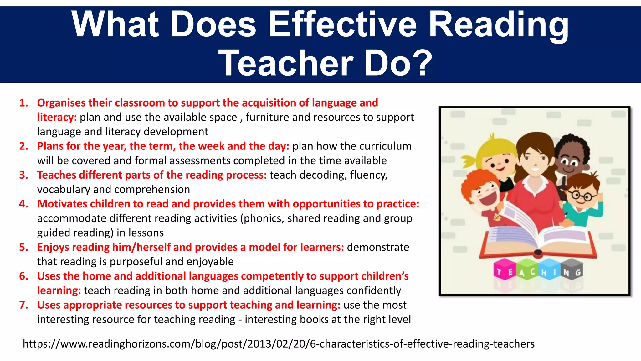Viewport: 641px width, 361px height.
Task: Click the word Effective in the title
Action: (343, 24)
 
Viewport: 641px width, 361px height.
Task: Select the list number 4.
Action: (24, 204)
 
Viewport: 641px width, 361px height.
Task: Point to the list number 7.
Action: (24, 305)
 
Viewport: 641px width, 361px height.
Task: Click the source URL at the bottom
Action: (279, 344)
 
